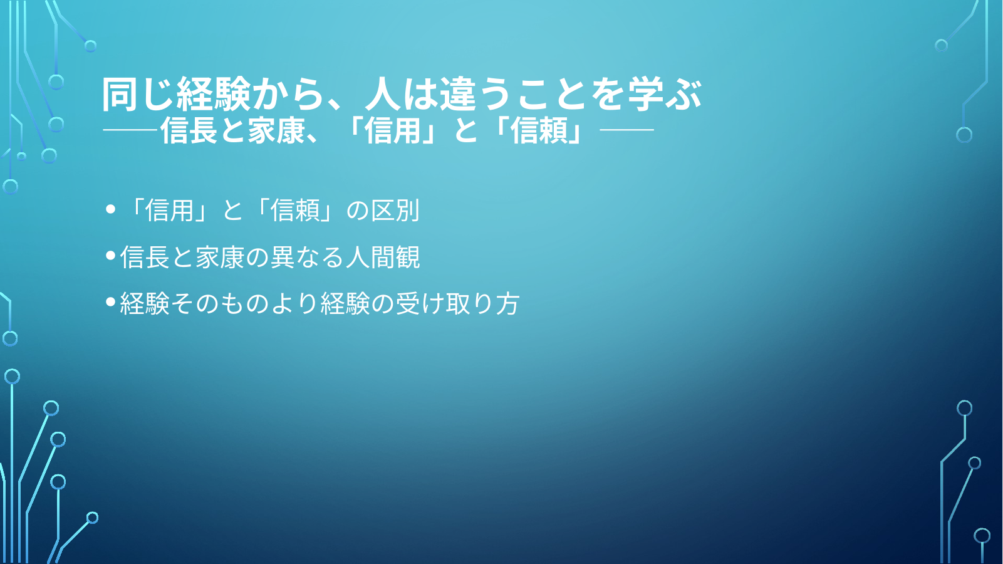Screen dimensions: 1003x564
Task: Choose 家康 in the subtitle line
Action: [276, 131]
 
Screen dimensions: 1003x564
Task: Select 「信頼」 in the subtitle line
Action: [539, 131]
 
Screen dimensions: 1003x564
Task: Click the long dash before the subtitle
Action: [130, 130]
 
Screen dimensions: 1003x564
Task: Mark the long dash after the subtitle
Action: [626, 130]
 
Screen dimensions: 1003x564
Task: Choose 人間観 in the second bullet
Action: [383, 257]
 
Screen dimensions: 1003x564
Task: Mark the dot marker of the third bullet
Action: [111, 301]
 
